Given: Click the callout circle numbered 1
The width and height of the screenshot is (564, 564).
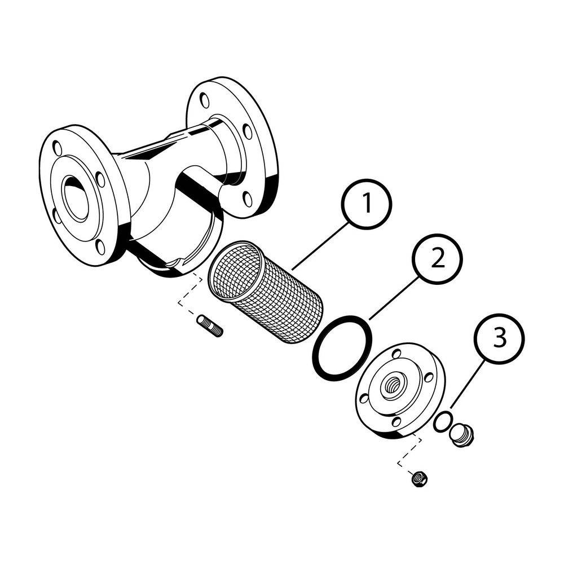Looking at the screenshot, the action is [x=367, y=204].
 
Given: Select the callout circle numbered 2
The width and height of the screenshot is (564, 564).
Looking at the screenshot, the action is [x=438, y=259].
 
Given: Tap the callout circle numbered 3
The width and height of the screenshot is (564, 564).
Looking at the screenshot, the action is [x=500, y=338].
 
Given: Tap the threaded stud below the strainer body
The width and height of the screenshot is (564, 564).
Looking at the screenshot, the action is [x=210, y=325].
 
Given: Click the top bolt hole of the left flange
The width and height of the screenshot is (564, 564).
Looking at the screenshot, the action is [x=57, y=148].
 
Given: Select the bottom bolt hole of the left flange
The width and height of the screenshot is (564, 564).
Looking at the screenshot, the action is [x=101, y=247].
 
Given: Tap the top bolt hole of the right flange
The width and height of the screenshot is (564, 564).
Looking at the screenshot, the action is [x=204, y=100].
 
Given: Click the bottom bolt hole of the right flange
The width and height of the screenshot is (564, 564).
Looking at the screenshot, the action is [x=248, y=199].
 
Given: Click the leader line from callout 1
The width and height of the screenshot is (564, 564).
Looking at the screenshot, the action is [x=320, y=246].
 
